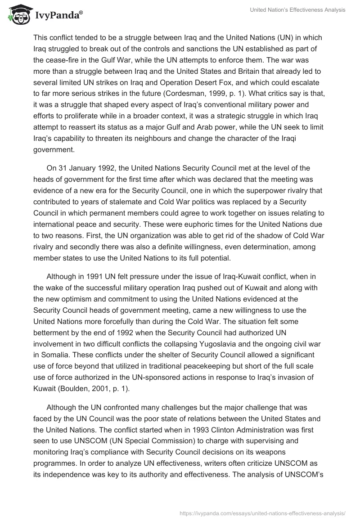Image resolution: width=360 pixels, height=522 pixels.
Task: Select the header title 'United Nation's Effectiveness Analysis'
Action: click(297, 10)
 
